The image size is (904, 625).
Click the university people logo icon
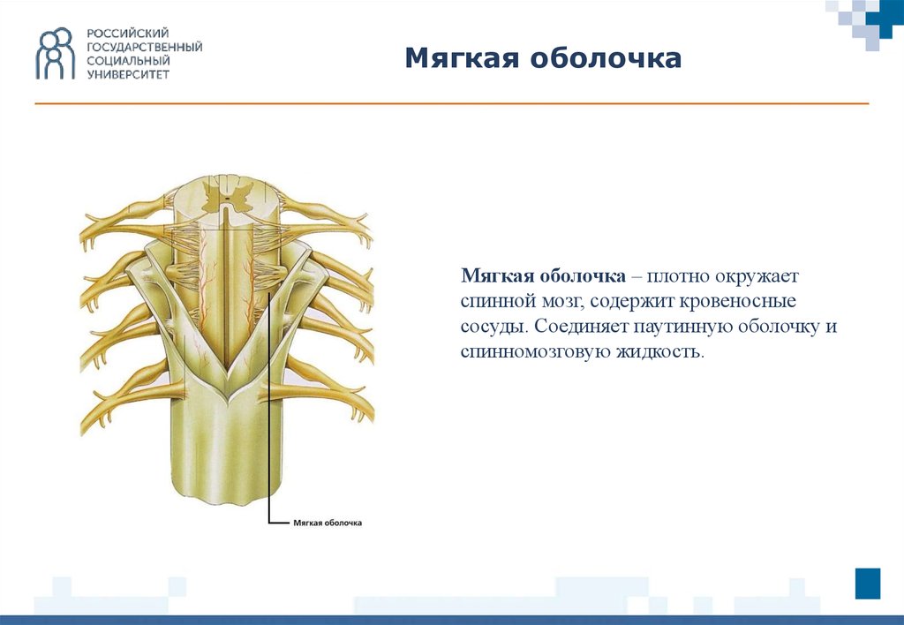pos(56,53)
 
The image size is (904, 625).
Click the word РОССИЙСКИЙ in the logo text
pos(128,34)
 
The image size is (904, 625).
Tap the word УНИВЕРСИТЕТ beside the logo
pos(128,74)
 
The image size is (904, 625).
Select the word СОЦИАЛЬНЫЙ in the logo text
pos(129,61)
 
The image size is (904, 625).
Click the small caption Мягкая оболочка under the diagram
pos(328,523)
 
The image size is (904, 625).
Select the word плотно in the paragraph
pos(678,276)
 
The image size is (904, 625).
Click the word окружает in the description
pos(757,276)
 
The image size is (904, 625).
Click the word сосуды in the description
pos(493,327)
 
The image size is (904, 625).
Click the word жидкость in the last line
pos(660,351)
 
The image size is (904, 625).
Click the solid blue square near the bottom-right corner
pos(868,584)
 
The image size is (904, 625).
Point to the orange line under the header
pos(452,104)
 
